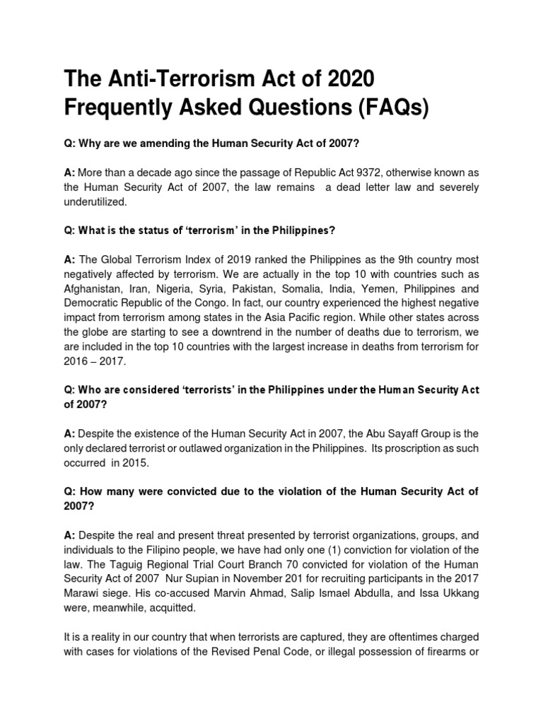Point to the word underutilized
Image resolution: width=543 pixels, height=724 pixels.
click(x=96, y=201)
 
